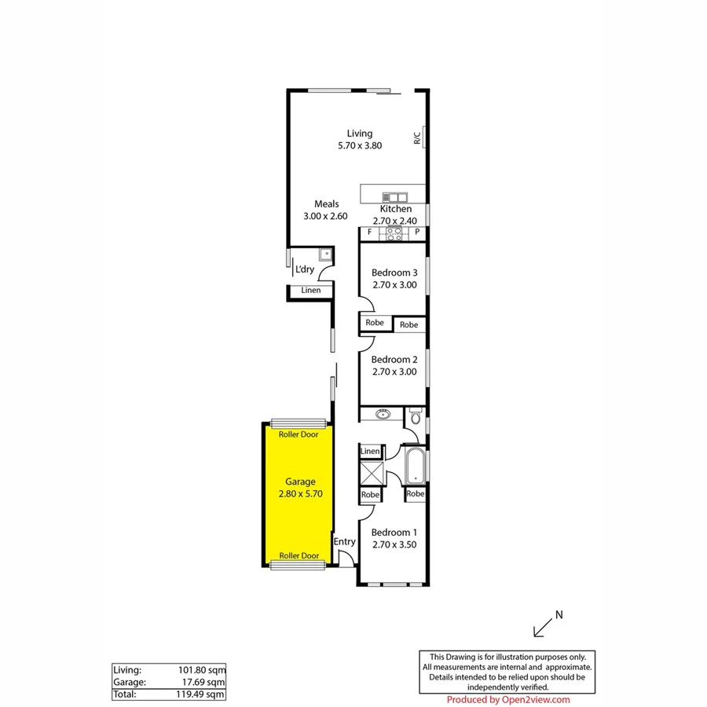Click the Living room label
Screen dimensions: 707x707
click(360, 134)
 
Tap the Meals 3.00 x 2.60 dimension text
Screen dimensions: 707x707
click(325, 216)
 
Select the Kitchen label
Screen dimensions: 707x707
click(395, 210)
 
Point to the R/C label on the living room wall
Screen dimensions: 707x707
click(417, 137)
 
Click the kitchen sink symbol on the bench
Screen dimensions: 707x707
click(394, 196)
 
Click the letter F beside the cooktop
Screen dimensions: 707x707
click(370, 233)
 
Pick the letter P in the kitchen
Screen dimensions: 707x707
click(417, 233)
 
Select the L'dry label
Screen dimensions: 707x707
click(305, 270)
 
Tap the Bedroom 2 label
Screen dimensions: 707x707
click(394, 360)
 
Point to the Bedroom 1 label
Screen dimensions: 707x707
click(394, 530)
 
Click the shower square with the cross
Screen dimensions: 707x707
click(370, 474)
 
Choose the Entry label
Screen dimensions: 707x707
click(344, 542)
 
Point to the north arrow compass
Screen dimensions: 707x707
click(545, 624)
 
